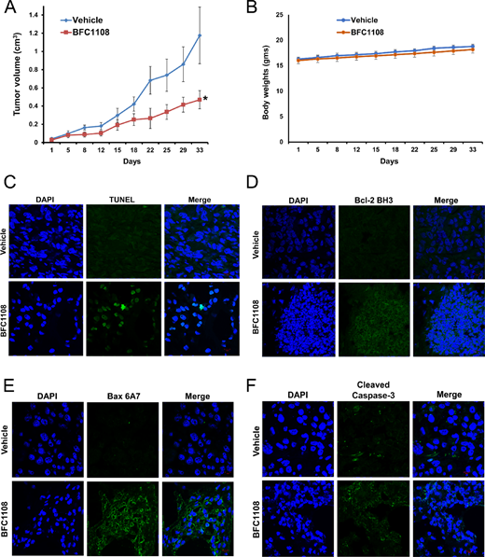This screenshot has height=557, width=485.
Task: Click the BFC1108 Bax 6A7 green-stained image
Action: point(117,509)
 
